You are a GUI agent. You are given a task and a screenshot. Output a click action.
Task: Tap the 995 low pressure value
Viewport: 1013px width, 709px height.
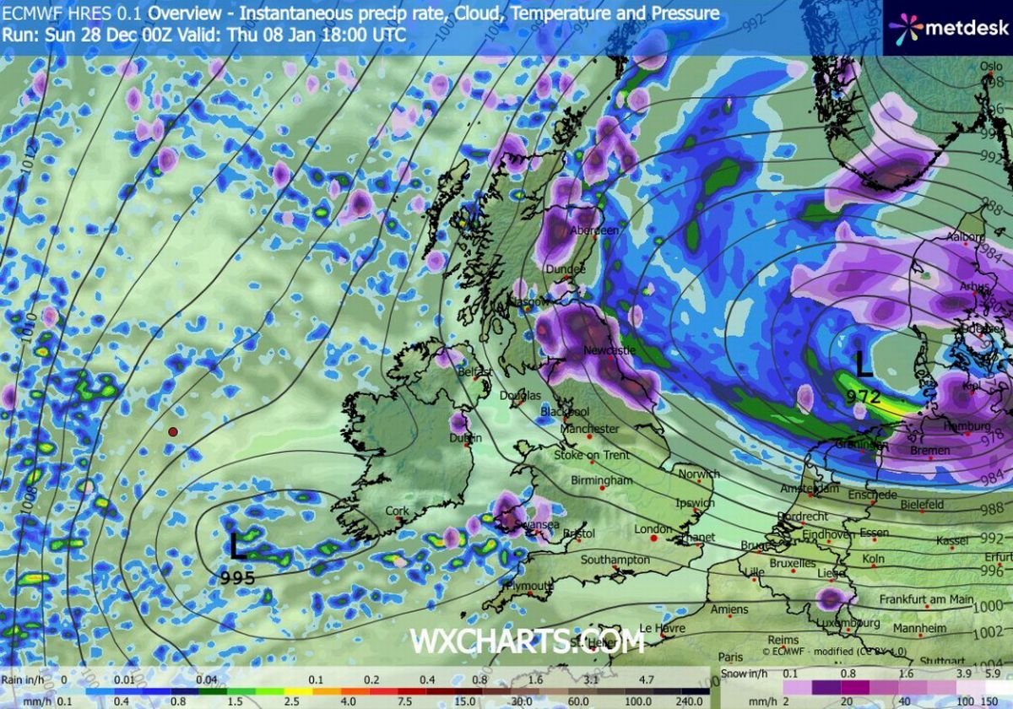(x=237, y=577)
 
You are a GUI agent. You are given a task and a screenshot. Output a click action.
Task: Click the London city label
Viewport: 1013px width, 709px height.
(x=652, y=529)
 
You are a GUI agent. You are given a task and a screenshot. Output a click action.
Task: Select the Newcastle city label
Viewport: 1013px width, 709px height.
(x=609, y=349)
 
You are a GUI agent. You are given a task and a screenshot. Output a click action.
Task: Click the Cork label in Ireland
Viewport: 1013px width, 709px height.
(x=397, y=511)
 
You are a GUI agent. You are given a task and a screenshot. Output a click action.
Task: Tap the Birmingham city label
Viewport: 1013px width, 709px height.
(x=601, y=480)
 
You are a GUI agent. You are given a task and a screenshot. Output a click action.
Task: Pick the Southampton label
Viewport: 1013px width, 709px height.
(x=615, y=560)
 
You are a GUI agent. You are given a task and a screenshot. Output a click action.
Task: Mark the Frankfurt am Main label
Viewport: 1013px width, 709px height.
(x=926, y=599)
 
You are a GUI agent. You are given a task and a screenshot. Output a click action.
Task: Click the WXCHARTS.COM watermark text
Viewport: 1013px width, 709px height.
(x=527, y=641)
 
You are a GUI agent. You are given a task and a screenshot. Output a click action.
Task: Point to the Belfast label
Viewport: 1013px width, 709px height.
(x=474, y=371)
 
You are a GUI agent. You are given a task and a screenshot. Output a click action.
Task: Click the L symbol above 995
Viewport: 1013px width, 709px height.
(x=238, y=546)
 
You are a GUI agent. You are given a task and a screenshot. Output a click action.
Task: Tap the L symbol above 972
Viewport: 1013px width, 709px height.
(x=863, y=365)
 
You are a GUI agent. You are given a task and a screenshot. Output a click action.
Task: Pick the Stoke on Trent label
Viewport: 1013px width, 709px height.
(x=592, y=455)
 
